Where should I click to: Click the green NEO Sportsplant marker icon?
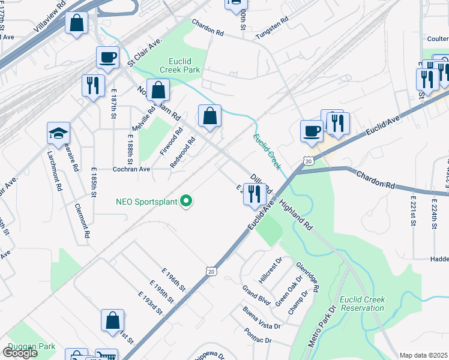[x=186, y=202]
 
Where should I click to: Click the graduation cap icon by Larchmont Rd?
[x=59, y=133]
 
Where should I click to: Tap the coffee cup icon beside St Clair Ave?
[x=108, y=58]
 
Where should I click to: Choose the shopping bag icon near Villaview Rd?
[x=77, y=23]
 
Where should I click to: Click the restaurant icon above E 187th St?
[x=93, y=85]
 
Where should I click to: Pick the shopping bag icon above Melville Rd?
[x=158, y=90]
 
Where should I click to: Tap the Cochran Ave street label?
[x=131, y=170]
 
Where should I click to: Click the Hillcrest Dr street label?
[x=270, y=271]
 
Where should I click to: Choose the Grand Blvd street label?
[x=256, y=294]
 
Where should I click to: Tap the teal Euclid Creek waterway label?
[x=267, y=151]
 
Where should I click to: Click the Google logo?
[x=20, y=353]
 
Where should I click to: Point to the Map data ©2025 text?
[x=423, y=355]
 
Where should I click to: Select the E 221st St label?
[x=413, y=210]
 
